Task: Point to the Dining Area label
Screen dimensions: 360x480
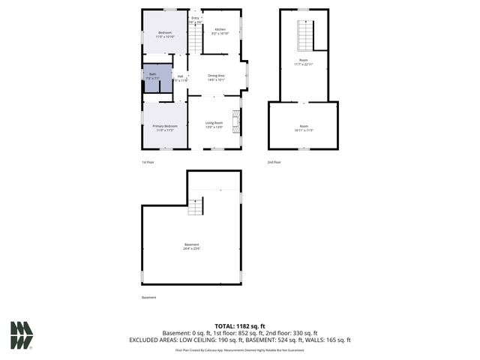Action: pos(216,76)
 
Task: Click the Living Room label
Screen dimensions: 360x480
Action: pos(214,124)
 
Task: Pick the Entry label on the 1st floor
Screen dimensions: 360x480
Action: pos(195,20)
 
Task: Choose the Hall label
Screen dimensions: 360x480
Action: pos(180,78)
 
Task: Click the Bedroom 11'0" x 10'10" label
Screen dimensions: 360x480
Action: pos(164,34)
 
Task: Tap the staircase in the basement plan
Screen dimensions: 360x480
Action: pos(196,207)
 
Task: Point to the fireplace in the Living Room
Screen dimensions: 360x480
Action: pos(236,122)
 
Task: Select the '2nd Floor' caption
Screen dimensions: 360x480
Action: pos(275,162)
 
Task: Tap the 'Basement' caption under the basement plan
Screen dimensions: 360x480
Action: pos(149,298)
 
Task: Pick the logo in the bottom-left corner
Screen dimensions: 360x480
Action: pos(21,335)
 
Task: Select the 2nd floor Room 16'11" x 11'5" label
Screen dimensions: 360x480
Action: pos(303,127)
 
